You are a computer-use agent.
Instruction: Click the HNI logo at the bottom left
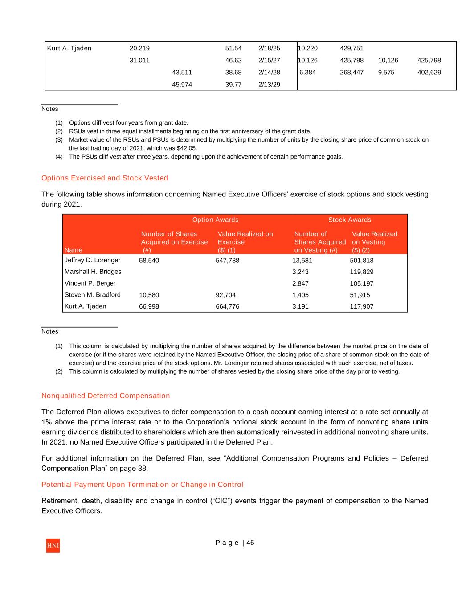coord(53,546)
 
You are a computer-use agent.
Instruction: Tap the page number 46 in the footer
coord(250,543)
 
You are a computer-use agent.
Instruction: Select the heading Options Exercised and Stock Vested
coord(105,178)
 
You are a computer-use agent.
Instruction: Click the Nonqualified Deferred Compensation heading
coord(106,396)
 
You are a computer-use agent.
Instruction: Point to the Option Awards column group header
coord(215,220)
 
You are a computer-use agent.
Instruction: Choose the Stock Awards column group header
coord(349,220)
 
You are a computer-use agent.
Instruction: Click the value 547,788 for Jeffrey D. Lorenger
coord(227,261)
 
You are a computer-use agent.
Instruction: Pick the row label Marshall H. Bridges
coord(93,272)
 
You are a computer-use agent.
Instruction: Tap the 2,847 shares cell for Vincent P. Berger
coord(300,283)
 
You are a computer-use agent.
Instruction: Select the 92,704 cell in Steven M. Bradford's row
coord(225,295)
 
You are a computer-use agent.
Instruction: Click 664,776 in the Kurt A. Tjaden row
coord(227,306)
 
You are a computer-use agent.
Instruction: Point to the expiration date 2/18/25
coord(269,49)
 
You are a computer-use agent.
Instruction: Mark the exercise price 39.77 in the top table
coord(233,85)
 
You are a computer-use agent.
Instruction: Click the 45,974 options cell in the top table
coord(182,85)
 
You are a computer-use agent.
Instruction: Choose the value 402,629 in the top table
coord(429,72)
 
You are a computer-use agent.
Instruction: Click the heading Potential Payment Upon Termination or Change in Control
coord(142,485)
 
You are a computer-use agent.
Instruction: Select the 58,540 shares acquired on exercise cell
coord(149,261)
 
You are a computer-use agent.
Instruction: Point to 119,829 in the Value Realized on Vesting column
coord(362,272)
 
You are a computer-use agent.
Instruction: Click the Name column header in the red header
coord(74,250)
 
